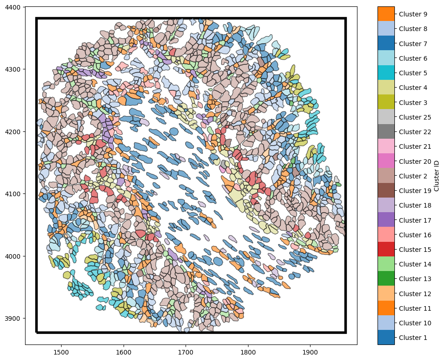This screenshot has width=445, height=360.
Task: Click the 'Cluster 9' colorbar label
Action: click(x=413, y=14)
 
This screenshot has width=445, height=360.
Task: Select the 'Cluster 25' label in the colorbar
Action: click(x=414, y=117)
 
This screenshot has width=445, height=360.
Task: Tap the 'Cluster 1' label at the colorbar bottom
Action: click(x=413, y=338)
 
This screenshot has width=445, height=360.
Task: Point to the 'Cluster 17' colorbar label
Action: click(x=414, y=220)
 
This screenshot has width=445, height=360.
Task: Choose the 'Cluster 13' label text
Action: click(x=414, y=279)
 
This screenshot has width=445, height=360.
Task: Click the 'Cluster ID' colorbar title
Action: click(x=437, y=176)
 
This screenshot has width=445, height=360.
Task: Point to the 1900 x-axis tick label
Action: click(x=310, y=353)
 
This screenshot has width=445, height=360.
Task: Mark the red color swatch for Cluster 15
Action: click(x=386, y=250)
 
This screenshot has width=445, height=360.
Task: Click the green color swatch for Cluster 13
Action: click(x=386, y=279)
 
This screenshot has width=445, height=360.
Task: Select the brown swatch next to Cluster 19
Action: click(x=386, y=191)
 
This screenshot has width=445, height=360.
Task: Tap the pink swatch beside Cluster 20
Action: click(x=386, y=162)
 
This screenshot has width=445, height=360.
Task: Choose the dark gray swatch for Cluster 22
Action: click(x=386, y=132)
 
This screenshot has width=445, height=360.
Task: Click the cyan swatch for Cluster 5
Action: click(x=386, y=73)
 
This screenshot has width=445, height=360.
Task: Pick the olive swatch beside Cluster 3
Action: click(x=386, y=103)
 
